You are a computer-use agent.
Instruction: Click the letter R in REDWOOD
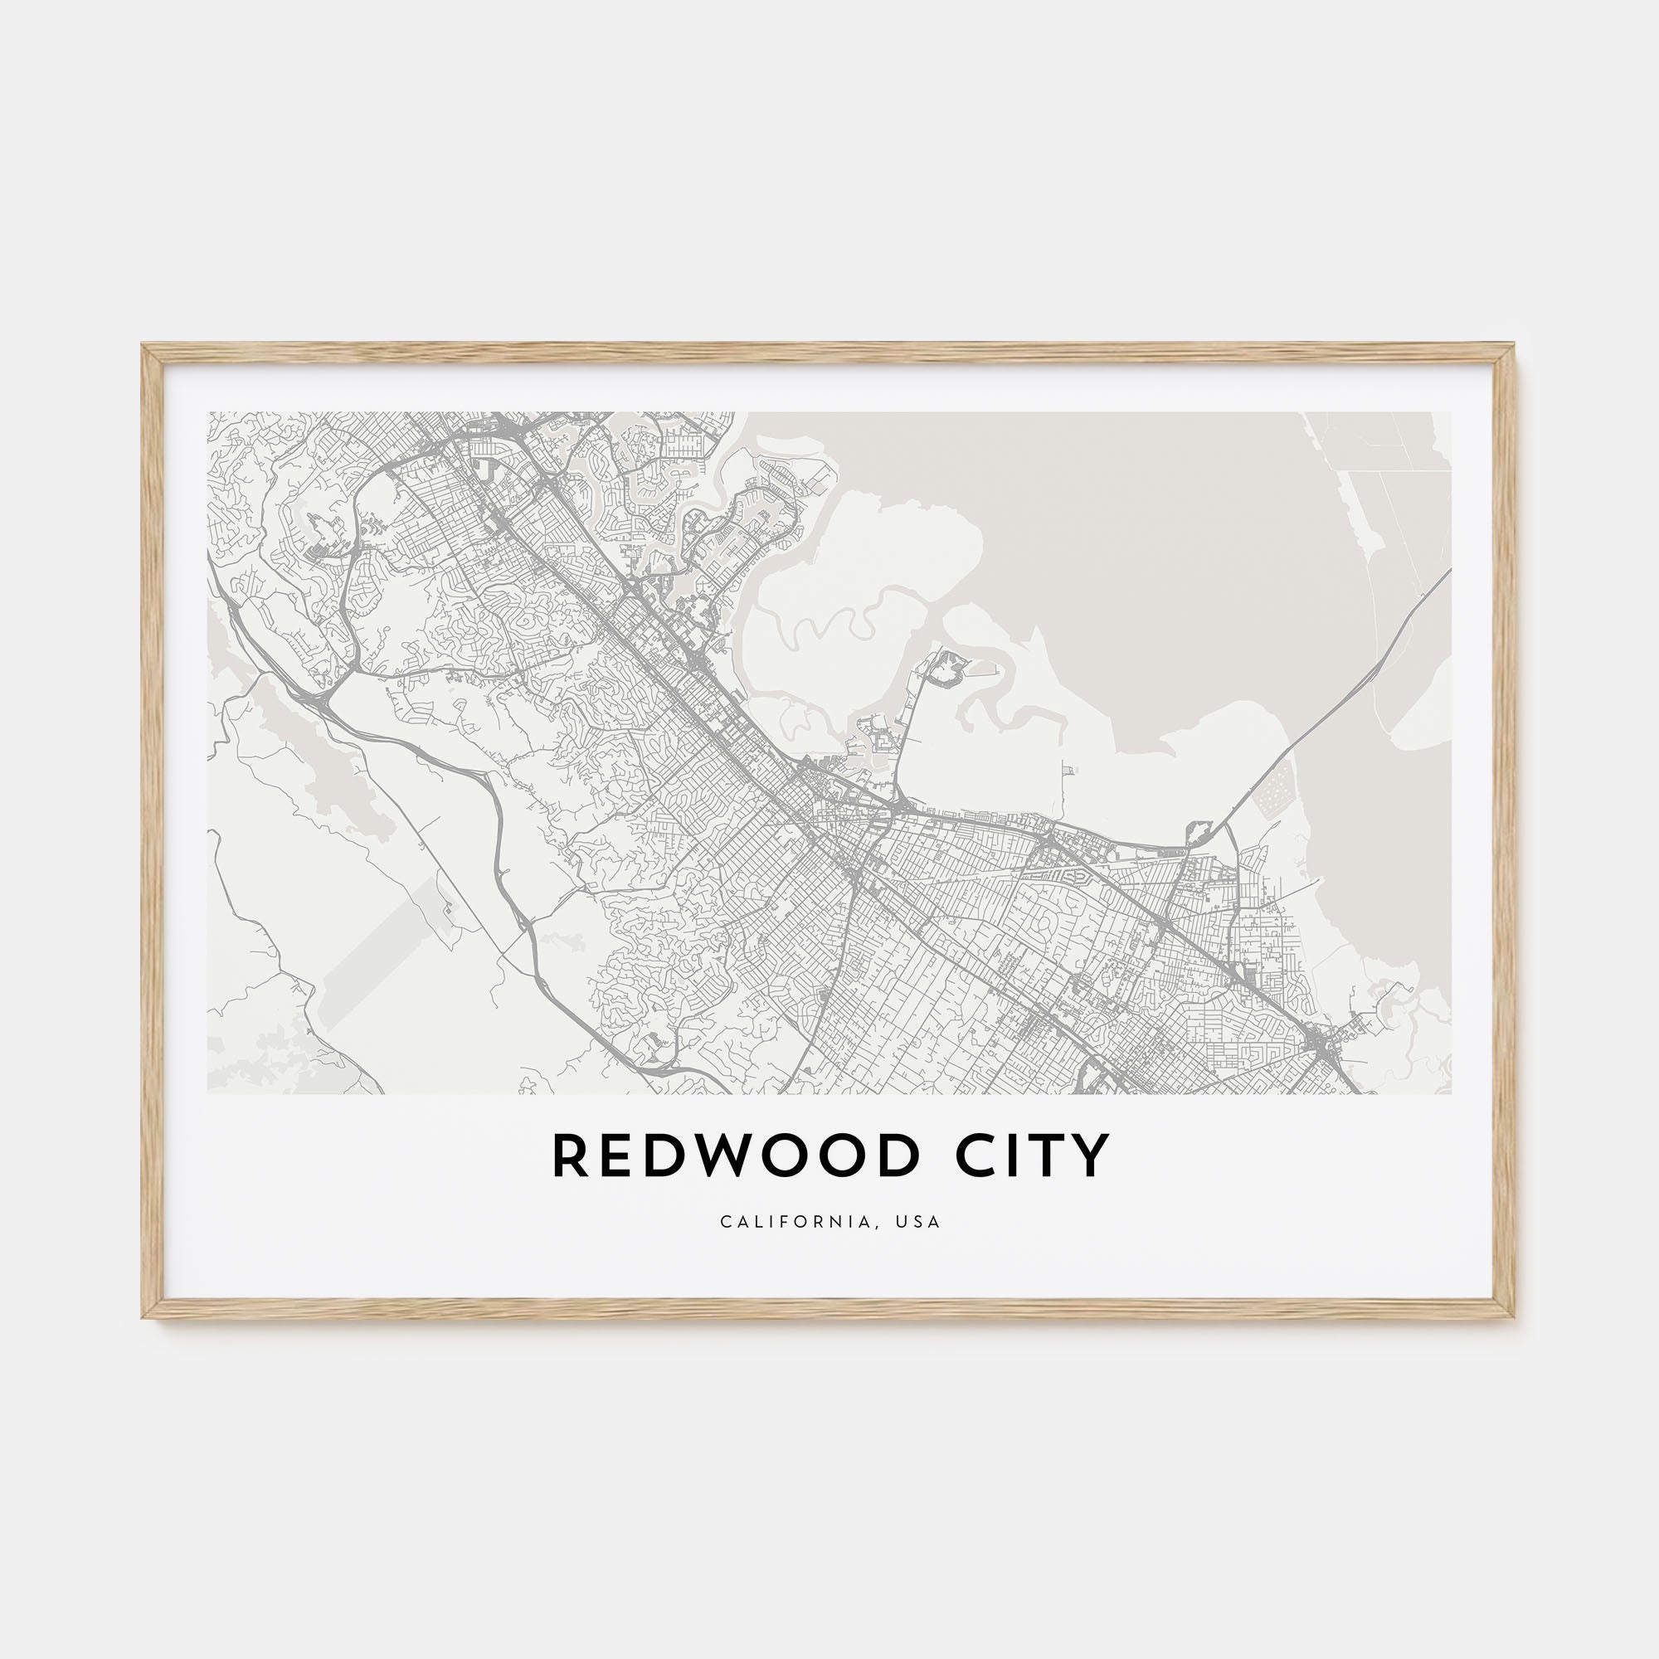568,1156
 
